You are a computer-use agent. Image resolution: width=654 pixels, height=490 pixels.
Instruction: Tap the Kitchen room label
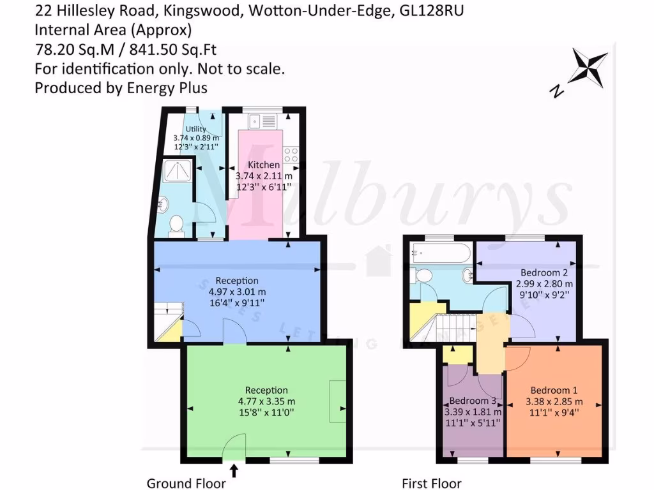click(x=264, y=165)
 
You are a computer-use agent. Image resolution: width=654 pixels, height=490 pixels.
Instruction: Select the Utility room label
click(x=195, y=129)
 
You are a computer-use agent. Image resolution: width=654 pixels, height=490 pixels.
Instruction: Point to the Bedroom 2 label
click(x=544, y=272)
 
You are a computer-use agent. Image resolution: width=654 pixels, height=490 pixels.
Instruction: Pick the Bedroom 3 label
click(x=473, y=401)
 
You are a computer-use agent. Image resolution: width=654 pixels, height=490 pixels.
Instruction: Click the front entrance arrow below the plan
click(x=234, y=471)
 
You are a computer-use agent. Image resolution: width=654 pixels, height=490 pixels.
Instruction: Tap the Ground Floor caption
click(x=186, y=483)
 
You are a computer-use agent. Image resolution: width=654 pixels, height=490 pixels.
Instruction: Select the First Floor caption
click(x=431, y=483)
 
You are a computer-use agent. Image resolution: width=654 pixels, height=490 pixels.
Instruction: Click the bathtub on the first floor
click(x=441, y=252)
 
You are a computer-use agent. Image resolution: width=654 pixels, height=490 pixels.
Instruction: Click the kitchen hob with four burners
click(x=291, y=154)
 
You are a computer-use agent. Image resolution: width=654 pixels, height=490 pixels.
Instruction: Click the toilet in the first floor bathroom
click(x=422, y=276)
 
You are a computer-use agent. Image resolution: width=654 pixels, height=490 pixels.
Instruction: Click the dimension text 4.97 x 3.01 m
click(x=236, y=292)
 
